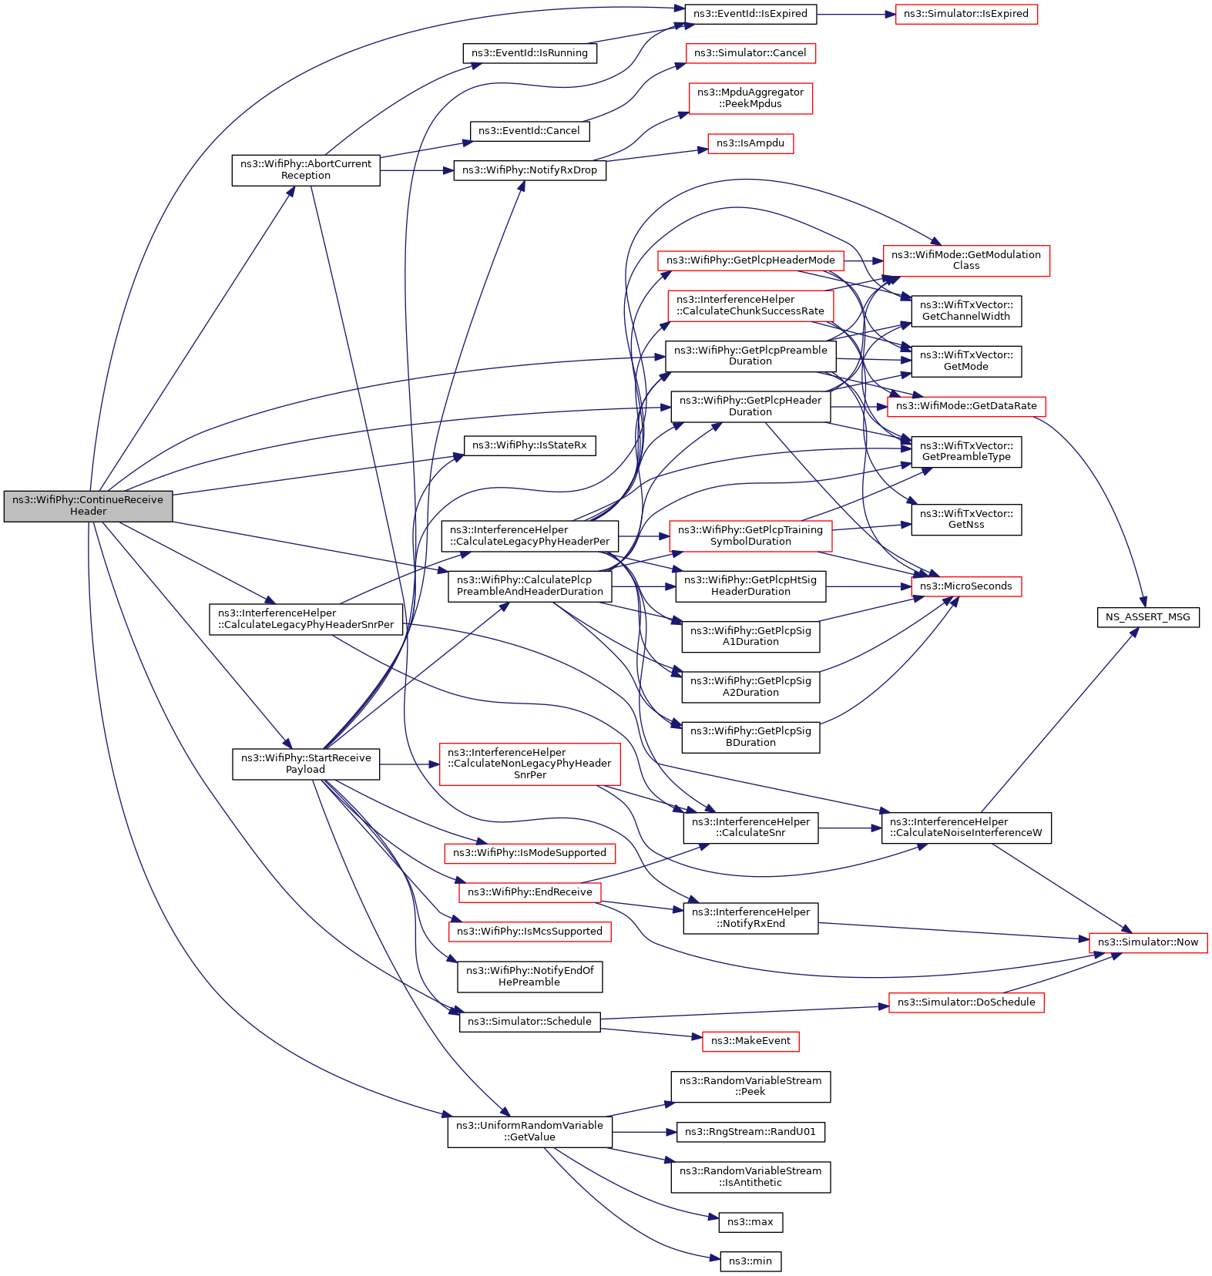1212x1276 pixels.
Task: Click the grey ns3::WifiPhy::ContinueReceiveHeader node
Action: pyautogui.click(x=88, y=505)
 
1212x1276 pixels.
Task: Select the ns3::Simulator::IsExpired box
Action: pyautogui.click(x=965, y=14)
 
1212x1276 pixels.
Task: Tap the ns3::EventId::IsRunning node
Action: pyautogui.click(x=529, y=53)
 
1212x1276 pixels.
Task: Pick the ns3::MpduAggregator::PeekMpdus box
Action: pyautogui.click(x=750, y=98)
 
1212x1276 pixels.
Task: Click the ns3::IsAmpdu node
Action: pyautogui.click(x=750, y=143)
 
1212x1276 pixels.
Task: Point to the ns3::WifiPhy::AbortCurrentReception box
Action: pyautogui.click(x=305, y=170)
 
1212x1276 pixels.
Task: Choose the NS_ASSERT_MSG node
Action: pyautogui.click(x=1147, y=617)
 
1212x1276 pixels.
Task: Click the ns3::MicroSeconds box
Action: pyautogui.click(x=966, y=586)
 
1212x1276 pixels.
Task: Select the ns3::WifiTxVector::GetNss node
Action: pyautogui.click(x=965, y=519)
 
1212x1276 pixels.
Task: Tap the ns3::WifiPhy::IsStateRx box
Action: pyautogui.click(x=529, y=445)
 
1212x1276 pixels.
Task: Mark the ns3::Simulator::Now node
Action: pyautogui.click(x=1147, y=942)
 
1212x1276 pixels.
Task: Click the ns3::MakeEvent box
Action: pyautogui.click(x=750, y=1041)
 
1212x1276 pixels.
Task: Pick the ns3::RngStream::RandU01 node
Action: pyautogui.click(x=750, y=1132)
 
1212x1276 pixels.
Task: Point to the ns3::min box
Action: pyautogui.click(x=750, y=1261)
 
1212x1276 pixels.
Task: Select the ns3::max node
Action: pyautogui.click(x=750, y=1222)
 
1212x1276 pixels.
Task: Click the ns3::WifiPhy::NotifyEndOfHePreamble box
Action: pyautogui.click(x=529, y=976)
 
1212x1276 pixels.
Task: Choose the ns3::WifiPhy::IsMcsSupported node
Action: pyautogui.click(x=529, y=932)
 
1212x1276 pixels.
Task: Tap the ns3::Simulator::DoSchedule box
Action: pyautogui.click(x=965, y=1002)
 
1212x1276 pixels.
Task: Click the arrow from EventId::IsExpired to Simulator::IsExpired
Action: pyautogui.click(x=855, y=14)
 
